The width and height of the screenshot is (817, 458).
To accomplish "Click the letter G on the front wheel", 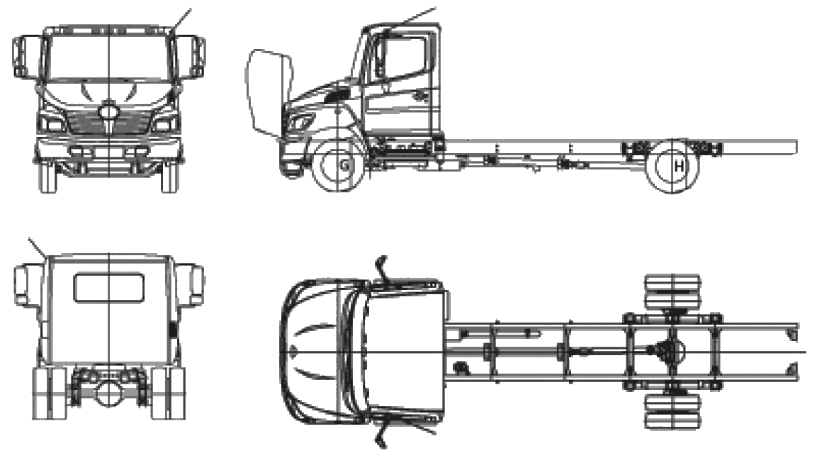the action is pos(344,166).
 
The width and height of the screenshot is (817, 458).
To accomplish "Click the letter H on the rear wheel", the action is pos(678,167).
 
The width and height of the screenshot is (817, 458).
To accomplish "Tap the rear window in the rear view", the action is pos(109,288).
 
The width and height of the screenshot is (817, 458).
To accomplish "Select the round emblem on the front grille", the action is pos(109,111).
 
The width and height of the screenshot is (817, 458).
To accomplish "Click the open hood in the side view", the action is pos(269,91).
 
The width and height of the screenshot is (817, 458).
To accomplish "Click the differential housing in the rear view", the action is pos(109,392).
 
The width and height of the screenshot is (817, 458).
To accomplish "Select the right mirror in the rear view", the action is pos(191,285).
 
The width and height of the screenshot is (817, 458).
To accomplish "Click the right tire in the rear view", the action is pos(169,393).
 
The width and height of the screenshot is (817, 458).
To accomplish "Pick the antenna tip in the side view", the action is pos(435,7).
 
